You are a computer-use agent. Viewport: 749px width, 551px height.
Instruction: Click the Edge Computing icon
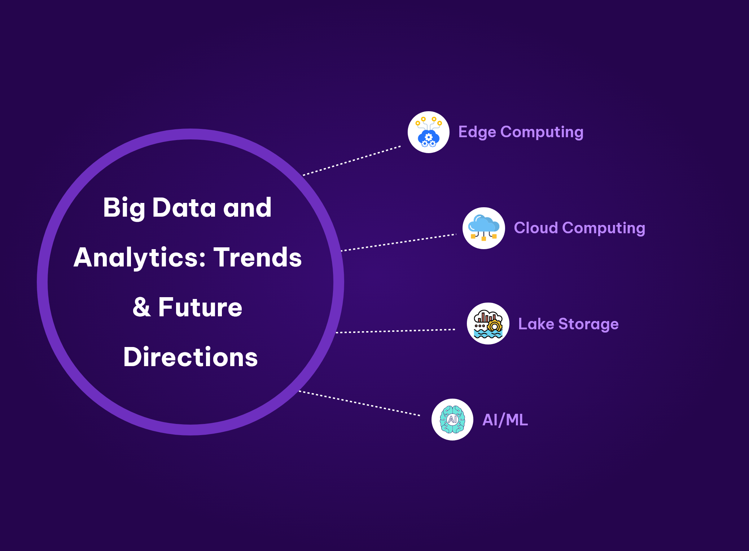[429, 132]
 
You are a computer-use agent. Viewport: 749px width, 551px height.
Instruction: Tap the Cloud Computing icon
[483, 228]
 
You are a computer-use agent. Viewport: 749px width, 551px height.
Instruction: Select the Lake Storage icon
[488, 324]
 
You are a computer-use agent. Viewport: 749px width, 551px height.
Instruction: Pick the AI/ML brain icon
[452, 420]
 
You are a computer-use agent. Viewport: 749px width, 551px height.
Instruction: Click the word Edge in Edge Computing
[477, 133]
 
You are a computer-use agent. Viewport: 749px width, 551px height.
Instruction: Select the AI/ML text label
[505, 420]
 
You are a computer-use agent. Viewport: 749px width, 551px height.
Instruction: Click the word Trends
[258, 257]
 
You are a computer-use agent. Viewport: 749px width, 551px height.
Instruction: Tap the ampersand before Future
[141, 307]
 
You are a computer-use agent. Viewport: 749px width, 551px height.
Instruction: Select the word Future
[200, 307]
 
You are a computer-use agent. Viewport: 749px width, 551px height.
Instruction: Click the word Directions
[190, 357]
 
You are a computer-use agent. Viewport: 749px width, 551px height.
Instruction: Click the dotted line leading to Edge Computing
[352, 161]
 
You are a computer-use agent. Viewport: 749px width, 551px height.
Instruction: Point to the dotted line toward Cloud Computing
[399, 242]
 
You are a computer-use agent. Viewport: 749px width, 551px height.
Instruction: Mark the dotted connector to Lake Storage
[395, 331]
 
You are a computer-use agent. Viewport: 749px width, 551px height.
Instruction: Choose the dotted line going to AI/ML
[359, 403]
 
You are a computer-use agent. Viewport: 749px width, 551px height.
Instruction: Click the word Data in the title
[184, 208]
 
